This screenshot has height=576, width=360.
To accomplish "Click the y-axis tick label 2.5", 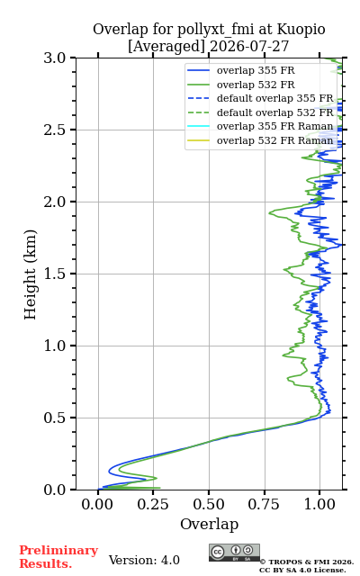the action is point(54,130).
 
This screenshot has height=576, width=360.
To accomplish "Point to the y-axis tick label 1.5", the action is point(54,274).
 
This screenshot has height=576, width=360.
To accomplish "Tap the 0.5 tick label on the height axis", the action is point(54,418).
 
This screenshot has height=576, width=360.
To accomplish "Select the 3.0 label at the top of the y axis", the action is point(54,58).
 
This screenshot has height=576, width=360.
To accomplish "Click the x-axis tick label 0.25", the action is point(153,504).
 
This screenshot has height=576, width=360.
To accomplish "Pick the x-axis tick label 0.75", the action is point(264,504).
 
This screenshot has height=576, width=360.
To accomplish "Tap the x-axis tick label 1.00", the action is point(319,504).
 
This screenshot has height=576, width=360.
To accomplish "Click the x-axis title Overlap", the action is point(209,524).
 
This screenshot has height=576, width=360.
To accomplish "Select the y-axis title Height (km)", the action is point(30,274).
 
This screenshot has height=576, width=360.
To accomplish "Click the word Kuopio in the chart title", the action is point(301,30).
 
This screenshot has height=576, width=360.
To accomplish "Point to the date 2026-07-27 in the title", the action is point(249,46).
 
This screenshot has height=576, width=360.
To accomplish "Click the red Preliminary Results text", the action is point(58,557).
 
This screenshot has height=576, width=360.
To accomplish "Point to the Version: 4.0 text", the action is point(144,560).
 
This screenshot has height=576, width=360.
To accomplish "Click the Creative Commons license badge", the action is point(234,553).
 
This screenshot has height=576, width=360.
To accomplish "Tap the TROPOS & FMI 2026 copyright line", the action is point(307,562).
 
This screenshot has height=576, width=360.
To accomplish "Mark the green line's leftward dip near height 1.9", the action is point(270,212).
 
